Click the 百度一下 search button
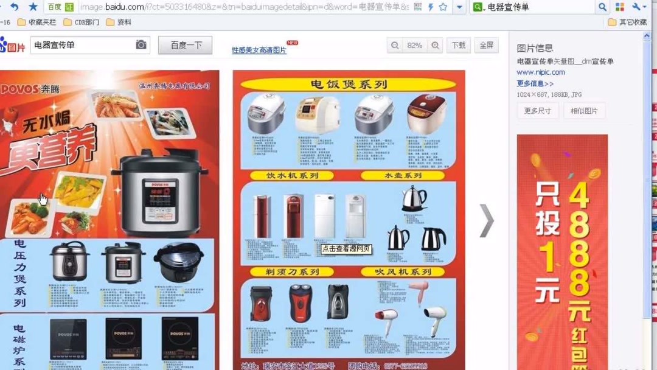tap(185, 45)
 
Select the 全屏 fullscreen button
tap(487, 45)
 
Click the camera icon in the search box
tap(141, 45)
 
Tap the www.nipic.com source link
tap(541, 72)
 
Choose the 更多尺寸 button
tap(537, 111)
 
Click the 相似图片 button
tap(584, 111)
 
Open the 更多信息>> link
tap(535, 83)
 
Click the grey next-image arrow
tap(487, 220)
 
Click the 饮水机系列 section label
tap(292, 175)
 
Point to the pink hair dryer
tap(419, 291)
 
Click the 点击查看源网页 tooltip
tap(346, 248)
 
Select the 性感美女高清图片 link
tap(259, 51)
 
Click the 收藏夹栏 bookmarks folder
tap(38, 22)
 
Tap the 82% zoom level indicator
tap(415, 45)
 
